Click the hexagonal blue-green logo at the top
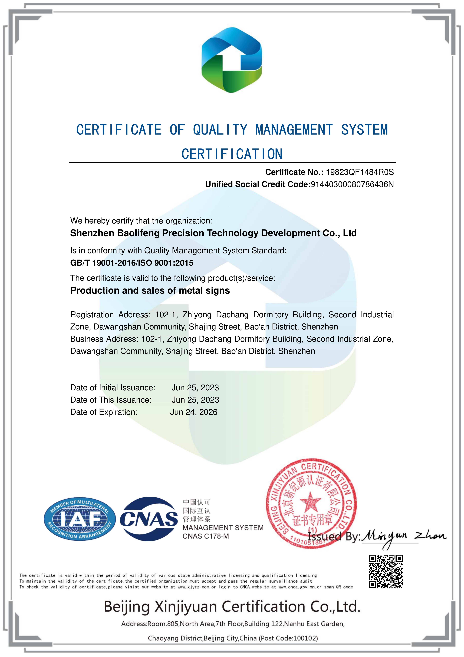point(232,60)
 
